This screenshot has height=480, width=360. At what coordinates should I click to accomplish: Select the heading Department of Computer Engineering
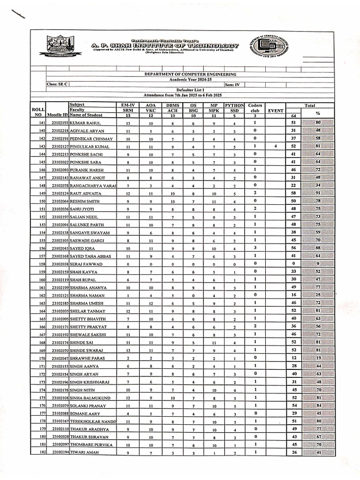pos(190,74)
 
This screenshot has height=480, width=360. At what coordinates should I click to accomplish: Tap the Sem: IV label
pos(232,84)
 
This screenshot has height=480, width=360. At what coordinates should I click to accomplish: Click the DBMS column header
pos(172,105)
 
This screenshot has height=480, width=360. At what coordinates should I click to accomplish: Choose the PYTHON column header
pos(234,105)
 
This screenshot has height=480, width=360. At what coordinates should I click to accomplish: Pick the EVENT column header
pos(276,111)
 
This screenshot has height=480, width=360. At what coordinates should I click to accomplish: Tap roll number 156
pos(43,248)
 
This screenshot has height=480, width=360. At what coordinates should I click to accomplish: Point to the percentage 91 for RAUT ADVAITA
pos(318,193)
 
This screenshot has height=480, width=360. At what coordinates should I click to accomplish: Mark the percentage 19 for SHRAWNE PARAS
pos(318,358)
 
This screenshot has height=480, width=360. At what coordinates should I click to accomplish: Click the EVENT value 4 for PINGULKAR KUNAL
pos(276,146)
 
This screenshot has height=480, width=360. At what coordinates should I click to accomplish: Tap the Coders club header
pos(255,108)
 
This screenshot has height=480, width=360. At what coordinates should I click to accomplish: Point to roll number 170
pos(43,358)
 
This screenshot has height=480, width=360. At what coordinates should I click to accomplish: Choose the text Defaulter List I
pos(190,89)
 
